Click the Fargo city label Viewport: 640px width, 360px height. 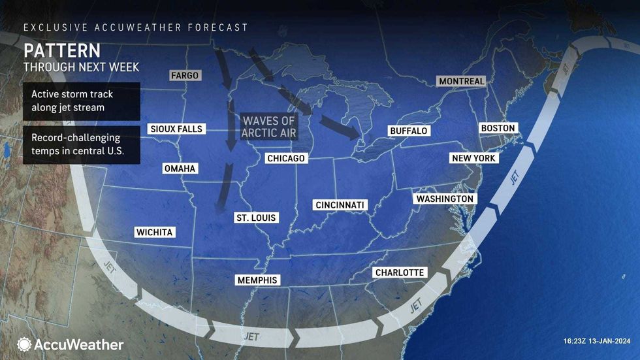(x=184, y=75)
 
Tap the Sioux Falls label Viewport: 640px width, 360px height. (x=176, y=129)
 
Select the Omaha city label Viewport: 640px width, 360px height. (x=180, y=169)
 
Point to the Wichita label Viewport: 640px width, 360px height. (x=155, y=232)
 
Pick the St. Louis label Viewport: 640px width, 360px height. (x=255, y=218)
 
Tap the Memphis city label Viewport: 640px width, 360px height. (x=257, y=280)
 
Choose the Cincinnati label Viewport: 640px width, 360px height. (x=340, y=205)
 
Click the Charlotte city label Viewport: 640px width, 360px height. (x=399, y=272)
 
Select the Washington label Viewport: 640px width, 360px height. (x=445, y=199)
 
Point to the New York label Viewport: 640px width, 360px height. (x=474, y=158)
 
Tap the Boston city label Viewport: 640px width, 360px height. (x=498, y=128)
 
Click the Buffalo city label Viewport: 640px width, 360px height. (x=408, y=131)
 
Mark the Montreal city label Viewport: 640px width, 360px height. (x=462, y=81)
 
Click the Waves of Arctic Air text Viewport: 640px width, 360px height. (x=269, y=127)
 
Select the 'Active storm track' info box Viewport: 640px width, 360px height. (x=81, y=101)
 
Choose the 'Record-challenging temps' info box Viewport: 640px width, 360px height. (x=81, y=145)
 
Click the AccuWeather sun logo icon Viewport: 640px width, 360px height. (x=24, y=344)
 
